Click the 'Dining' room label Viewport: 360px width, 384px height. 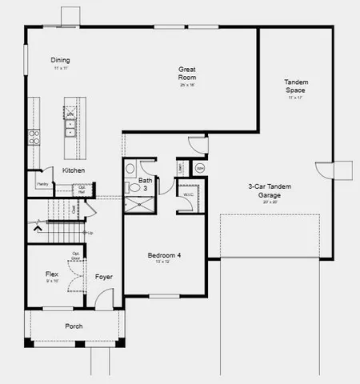click(60, 61)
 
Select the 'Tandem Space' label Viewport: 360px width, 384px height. click(295, 86)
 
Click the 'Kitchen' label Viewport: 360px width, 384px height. click(74, 170)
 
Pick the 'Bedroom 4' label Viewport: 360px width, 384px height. click(164, 255)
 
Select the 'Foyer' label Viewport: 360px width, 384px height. click(104, 277)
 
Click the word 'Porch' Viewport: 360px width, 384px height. click(74, 326)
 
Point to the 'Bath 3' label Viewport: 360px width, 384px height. click(145, 184)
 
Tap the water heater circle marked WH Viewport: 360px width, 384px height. click(199, 168)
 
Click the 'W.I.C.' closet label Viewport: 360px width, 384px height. click(189, 194)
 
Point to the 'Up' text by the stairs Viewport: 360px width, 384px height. click(90, 233)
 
